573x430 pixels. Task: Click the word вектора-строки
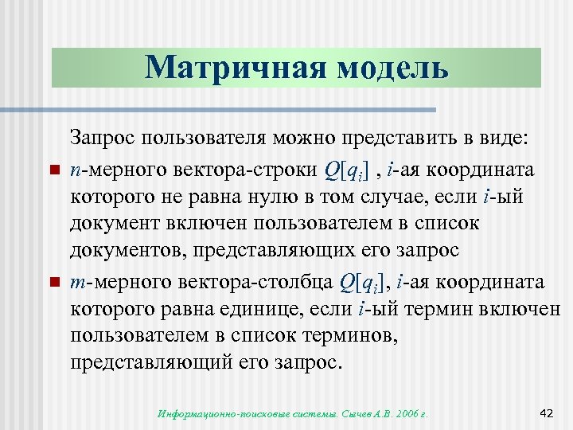coord(240,171)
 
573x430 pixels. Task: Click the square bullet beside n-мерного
coord(53,171)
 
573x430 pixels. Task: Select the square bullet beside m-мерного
coord(53,283)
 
